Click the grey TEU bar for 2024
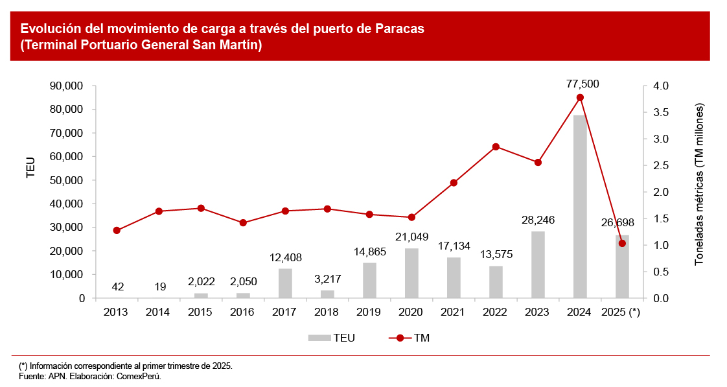tap(580, 207)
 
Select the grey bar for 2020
tap(411, 274)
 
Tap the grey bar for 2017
tap(285, 283)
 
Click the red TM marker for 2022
tap(496, 147)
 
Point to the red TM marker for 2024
tap(580, 97)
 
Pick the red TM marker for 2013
tap(117, 230)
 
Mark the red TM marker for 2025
tap(622, 243)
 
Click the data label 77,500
tap(583, 84)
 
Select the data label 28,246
tap(538, 220)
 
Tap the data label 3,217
tap(327, 279)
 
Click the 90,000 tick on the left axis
tap(67, 86)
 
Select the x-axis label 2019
tap(369, 312)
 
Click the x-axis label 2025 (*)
tap(621, 312)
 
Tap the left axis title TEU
tap(30, 168)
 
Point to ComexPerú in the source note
tap(138, 375)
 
